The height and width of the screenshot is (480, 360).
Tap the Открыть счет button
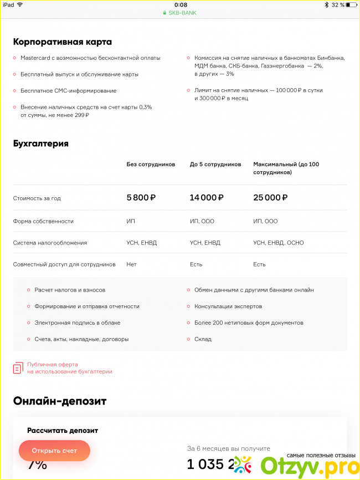coord(54,450)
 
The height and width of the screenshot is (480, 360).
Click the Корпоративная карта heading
coord(62,42)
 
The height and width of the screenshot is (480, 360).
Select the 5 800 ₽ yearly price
coord(141,197)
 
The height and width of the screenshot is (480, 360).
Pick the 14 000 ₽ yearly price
coord(206,197)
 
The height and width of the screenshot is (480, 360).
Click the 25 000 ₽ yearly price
coord(270,197)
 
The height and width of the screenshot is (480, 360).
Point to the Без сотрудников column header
coord(151,165)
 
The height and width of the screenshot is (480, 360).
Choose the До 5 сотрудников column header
coord(215,165)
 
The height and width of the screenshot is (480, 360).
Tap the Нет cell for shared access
coord(131,264)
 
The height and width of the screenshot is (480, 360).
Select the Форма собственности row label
coord(43,221)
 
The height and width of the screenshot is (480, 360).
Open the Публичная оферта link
coord(69,368)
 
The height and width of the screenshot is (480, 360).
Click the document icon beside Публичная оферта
coord(18,368)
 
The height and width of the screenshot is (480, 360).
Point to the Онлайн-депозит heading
coord(60,401)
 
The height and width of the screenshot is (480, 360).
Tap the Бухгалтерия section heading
coord(41,144)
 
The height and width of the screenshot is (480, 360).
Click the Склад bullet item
coord(203,339)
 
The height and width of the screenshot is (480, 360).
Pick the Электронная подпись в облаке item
coord(77,323)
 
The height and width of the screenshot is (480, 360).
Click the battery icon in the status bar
coord(352,4)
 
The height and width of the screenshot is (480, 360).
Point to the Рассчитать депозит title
coord(63,430)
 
